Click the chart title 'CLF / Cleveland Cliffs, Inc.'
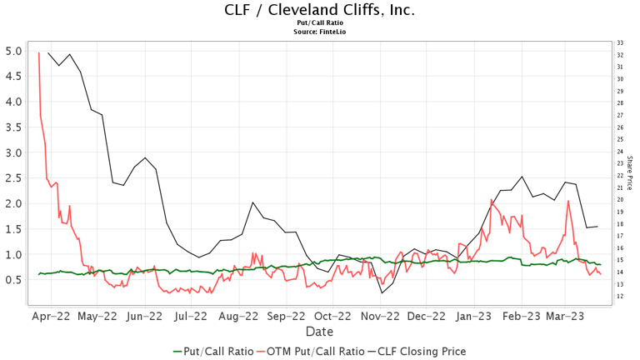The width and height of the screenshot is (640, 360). (320, 10)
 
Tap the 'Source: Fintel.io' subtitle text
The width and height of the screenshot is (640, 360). (320, 32)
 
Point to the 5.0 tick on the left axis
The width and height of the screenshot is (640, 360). (13, 51)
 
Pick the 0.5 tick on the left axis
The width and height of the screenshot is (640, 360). (13, 279)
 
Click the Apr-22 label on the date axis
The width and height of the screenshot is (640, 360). (50, 317)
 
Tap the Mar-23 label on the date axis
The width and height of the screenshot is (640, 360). (565, 317)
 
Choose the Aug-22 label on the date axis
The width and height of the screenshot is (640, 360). (238, 317)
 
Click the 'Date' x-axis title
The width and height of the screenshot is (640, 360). (320, 332)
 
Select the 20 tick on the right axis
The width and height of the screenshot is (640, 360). (619, 200)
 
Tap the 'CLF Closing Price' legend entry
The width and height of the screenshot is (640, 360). (418, 352)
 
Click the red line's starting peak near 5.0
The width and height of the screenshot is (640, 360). (39, 52)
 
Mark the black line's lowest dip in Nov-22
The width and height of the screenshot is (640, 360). (382, 292)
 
